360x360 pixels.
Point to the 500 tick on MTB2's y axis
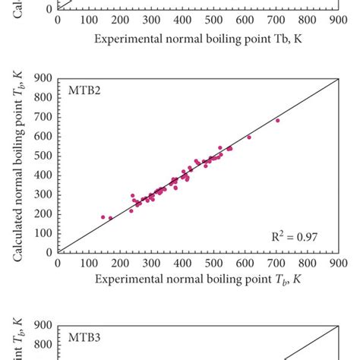[44, 155]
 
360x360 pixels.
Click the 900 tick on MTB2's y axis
[44, 77]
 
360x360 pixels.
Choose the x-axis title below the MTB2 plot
[198, 280]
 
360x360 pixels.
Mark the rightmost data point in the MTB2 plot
[277, 120]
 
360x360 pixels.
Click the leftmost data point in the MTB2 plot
[103, 217]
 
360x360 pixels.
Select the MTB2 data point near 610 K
[249, 137]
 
